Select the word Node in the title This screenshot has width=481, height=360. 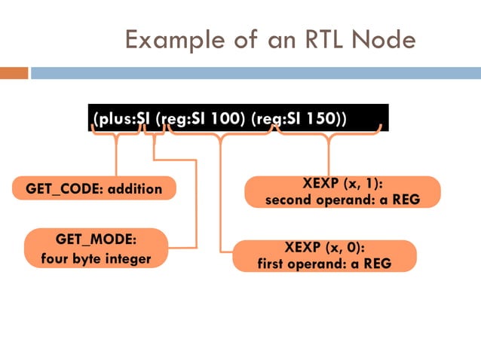[388, 39]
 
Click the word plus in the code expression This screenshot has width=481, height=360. [110, 119]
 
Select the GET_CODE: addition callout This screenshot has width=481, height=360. [94, 188]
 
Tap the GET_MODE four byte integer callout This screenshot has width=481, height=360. [96, 249]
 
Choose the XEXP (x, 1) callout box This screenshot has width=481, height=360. [342, 191]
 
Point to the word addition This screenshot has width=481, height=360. [135, 188]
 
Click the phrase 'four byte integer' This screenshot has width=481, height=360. [96, 259]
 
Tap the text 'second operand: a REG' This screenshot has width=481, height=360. [342, 200]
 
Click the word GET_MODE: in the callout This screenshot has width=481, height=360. [96, 240]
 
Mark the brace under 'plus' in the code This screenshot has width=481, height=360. [116, 133]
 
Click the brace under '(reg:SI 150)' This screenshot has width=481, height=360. [329, 134]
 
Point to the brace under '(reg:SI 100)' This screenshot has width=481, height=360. [221, 134]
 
